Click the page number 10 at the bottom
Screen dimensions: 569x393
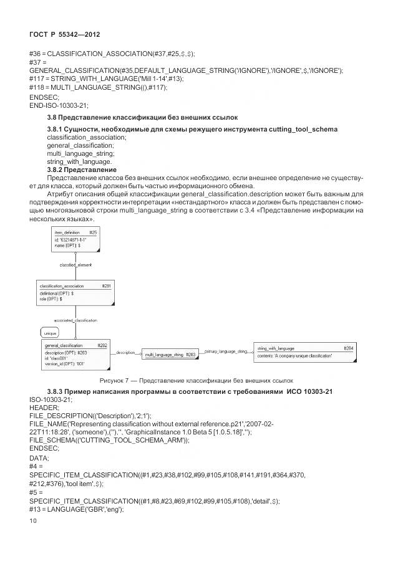coord(34,537)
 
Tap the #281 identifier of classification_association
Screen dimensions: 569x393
coord(106,286)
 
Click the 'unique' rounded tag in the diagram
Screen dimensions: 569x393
coord(50,333)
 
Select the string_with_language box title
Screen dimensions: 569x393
coord(276,348)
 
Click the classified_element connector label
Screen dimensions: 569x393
coord(76,264)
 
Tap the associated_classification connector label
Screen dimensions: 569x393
coord(75,320)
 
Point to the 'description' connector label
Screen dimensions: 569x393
coord(125,353)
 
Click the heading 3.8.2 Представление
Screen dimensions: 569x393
coord(82,170)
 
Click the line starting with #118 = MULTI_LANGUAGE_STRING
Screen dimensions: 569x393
coord(98,88)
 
